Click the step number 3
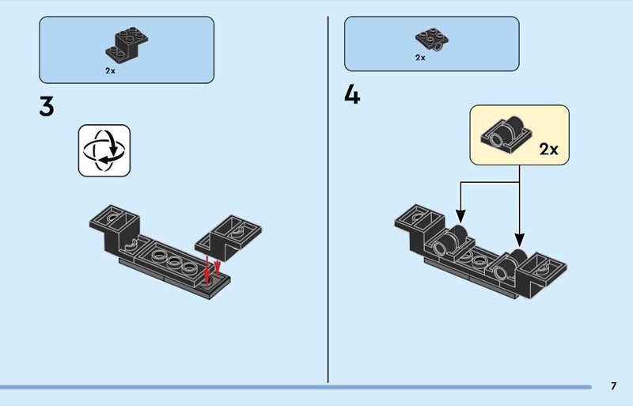(x=47, y=107)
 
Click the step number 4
(x=352, y=95)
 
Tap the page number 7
(x=614, y=386)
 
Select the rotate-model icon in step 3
(x=104, y=150)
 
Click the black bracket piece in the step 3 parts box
(x=127, y=44)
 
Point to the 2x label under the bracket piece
(x=110, y=70)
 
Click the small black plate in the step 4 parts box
(x=432, y=40)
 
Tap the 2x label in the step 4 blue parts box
(x=420, y=58)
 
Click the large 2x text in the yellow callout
(x=548, y=150)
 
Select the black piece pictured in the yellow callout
(x=506, y=135)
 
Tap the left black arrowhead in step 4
(x=461, y=216)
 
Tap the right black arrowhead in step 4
(x=520, y=240)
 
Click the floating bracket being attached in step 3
(x=228, y=237)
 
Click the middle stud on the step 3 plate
(x=174, y=260)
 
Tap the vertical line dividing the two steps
(x=328, y=199)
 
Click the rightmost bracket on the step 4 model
(x=542, y=275)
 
